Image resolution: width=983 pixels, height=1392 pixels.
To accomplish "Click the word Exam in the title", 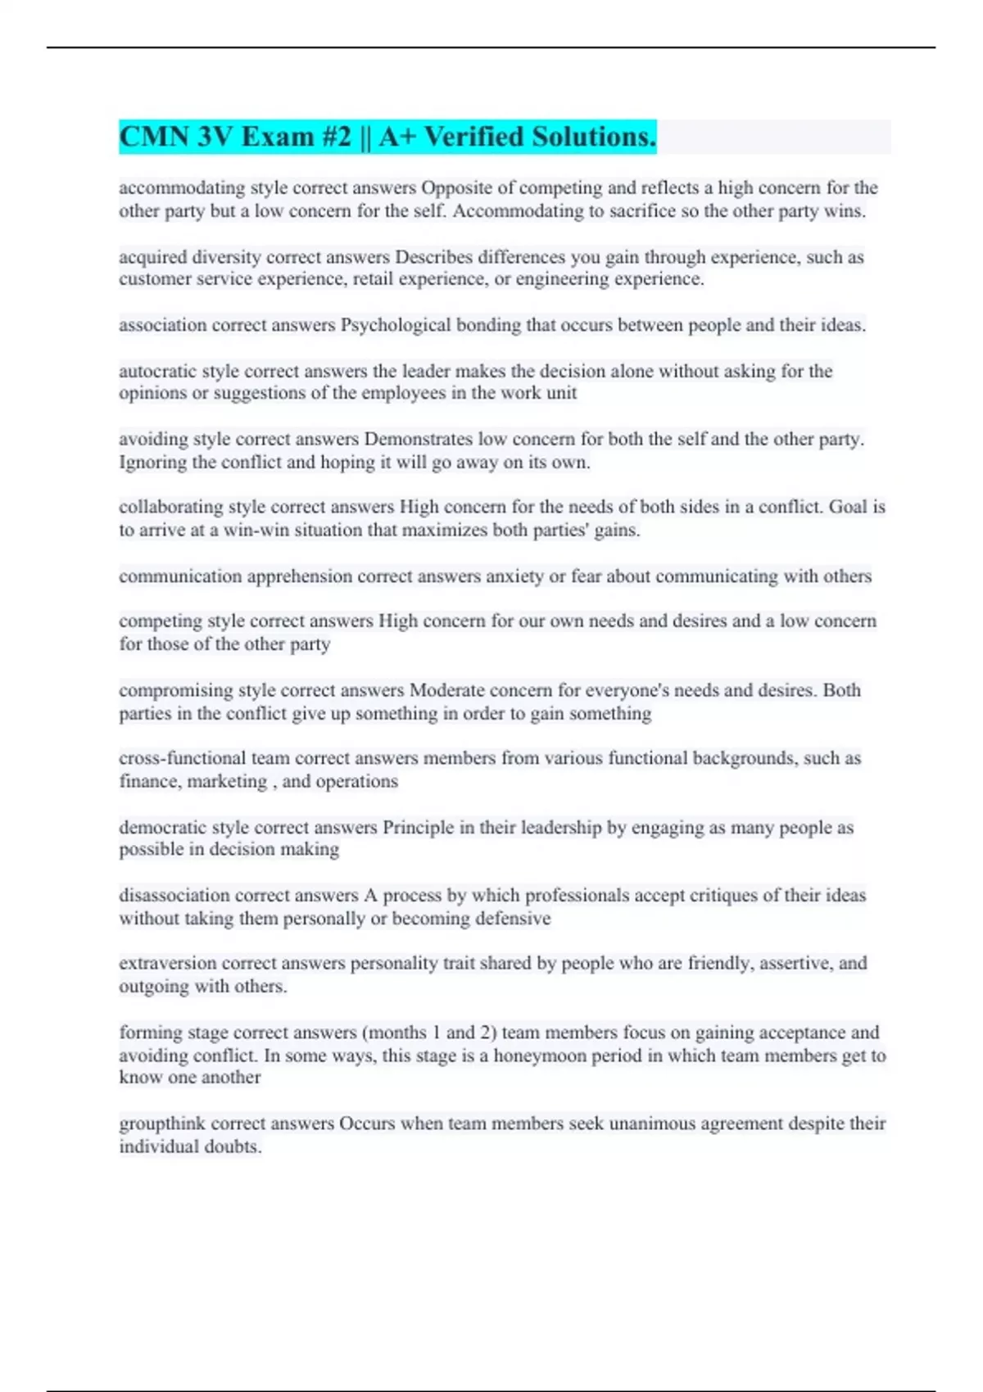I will pyautogui.click(x=277, y=137).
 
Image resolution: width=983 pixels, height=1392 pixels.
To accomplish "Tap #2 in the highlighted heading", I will pyautogui.click(x=336, y=137).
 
